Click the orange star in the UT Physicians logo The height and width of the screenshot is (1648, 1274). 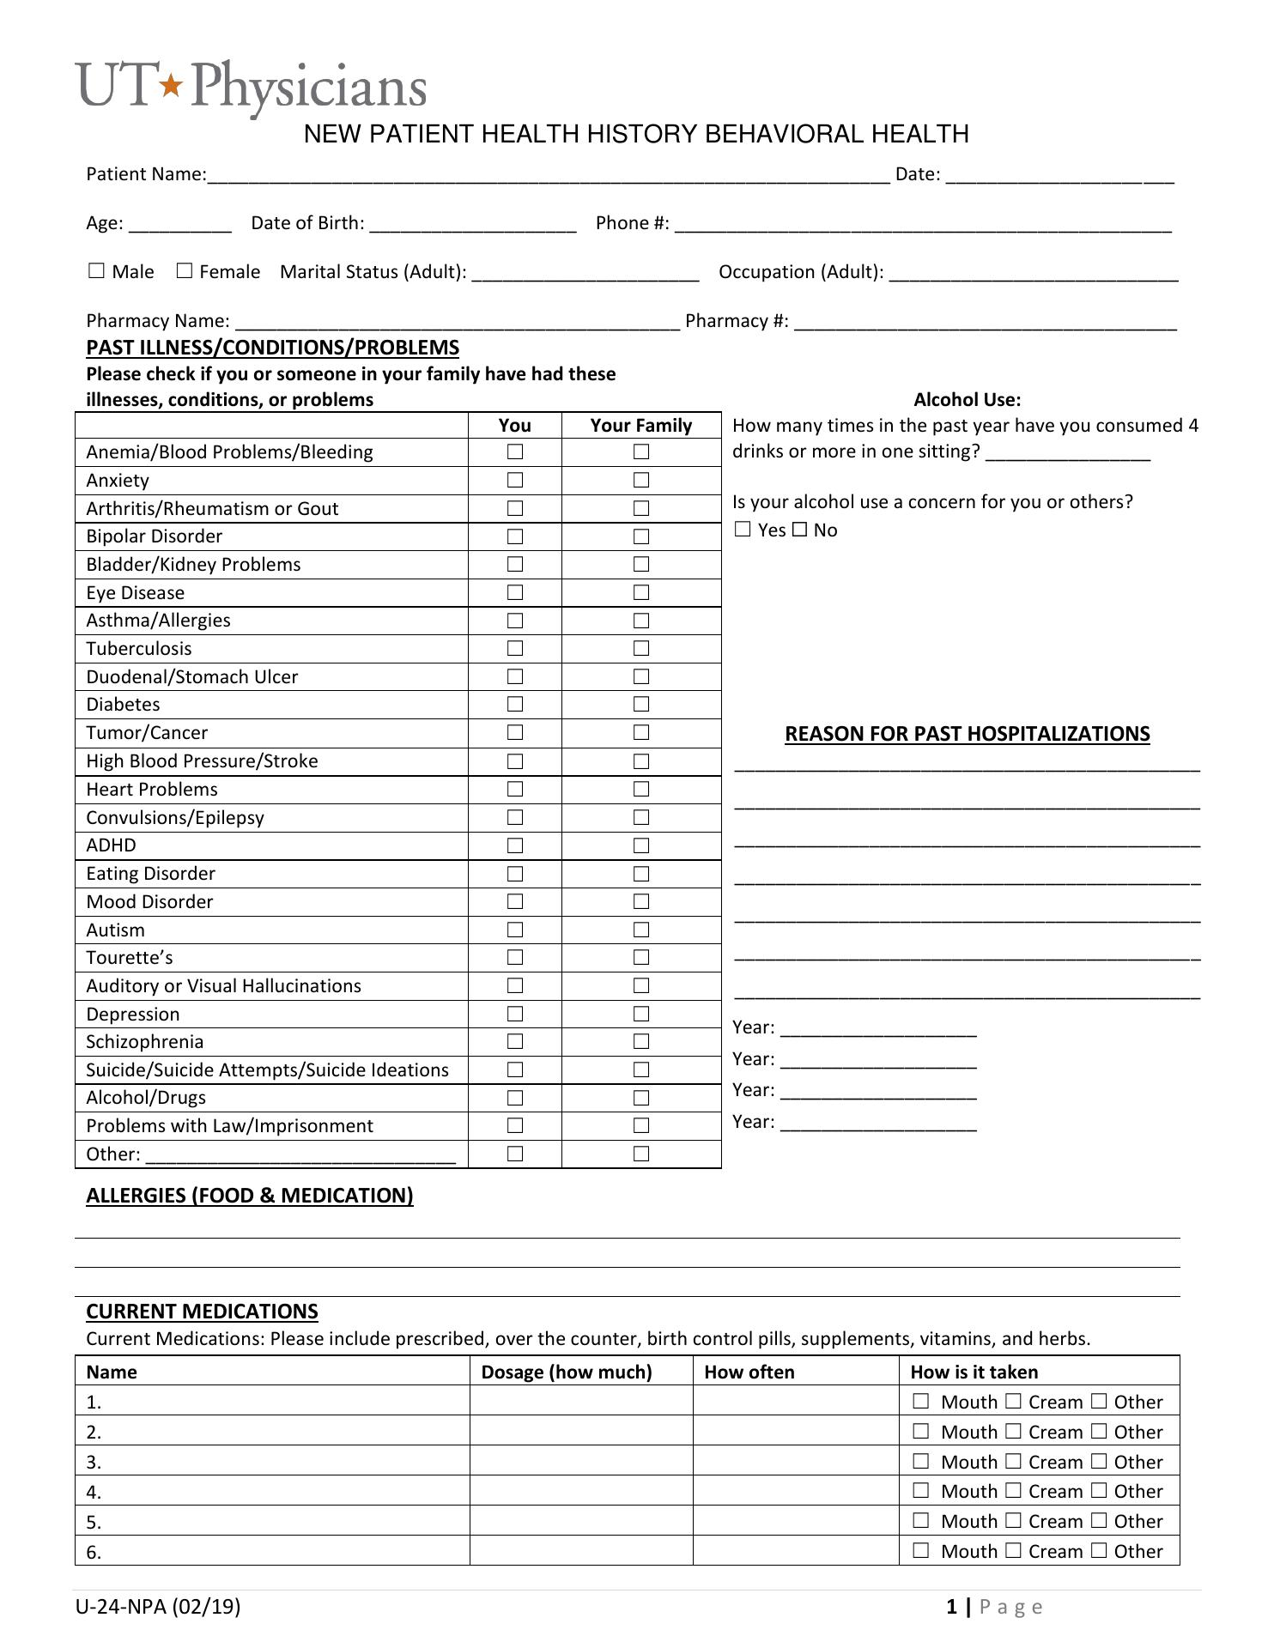(x=173, y=85)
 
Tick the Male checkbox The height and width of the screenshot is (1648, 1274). (x=96, y=271)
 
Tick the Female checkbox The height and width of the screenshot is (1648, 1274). (x=185, y=271)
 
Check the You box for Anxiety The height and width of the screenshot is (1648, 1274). (x=515, y=480)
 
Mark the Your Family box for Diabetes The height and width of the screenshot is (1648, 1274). (x=641, y=705)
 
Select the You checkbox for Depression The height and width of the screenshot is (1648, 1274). (x=515, y=1014)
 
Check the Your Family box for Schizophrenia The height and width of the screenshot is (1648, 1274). (x=641, y=1042)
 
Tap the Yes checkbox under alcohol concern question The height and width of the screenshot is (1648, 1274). (x=743, y=530)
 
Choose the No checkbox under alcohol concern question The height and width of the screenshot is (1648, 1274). (x=799, y=530)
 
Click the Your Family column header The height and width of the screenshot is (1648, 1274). (x=640, y=426)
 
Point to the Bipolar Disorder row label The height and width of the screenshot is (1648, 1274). (x=155, y=536)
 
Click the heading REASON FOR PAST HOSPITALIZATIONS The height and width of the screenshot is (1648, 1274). (x=968, y=734)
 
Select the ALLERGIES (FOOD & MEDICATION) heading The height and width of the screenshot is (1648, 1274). (x=250, y=1196)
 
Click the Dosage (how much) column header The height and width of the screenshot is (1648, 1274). (x=567, y=1372)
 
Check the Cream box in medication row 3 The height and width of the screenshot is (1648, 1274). (x=1013, y=1461)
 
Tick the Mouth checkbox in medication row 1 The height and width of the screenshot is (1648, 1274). (x=921, y=1401)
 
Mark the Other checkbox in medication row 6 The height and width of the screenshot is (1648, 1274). (x=1100, y=1550)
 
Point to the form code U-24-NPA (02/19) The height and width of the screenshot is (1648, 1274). (x=158, y=1607)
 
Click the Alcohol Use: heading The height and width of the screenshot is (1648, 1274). (x=968, y=399)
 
